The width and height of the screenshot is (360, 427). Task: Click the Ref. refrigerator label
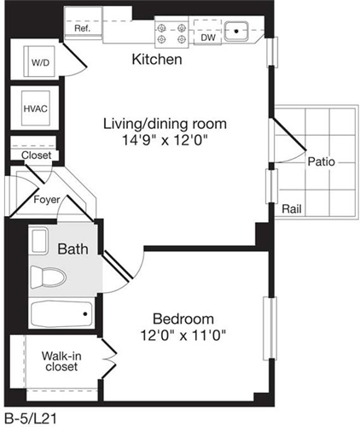click(83, 28)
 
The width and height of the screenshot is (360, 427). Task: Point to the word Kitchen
click(157, 61)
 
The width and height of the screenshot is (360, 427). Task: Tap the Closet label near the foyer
click(36, 155)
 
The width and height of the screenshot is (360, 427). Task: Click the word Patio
click(322, 161)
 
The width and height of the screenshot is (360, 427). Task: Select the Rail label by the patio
click(292, 208)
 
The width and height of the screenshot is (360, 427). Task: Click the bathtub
click(60, 314)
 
